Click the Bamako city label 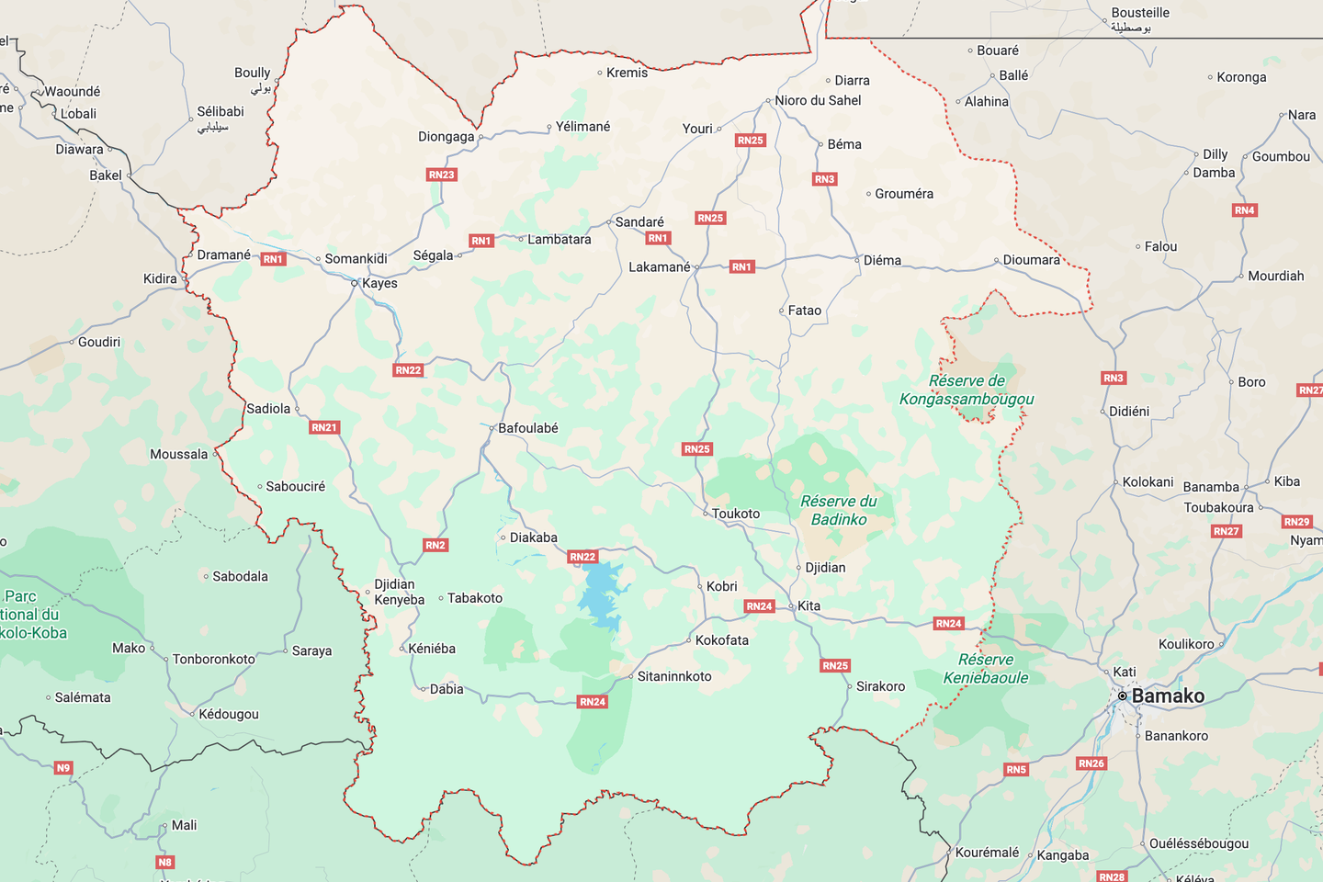[1168, 696]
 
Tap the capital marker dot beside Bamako [1123, 696]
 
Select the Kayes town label [379, 283]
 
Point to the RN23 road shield [442, 175]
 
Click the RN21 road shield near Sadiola [324, 427]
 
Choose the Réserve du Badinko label [839, 510]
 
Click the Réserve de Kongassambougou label [967, 390]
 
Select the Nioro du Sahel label [818, 100]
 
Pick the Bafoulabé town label [528, 428]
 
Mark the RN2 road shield [435, 545]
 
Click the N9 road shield [63, 768]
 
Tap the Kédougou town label [229, 714]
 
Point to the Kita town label [809, 605]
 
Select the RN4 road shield [1245, 210]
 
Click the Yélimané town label [582, 127]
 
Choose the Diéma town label [882, 260]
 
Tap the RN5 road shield [1016, 770]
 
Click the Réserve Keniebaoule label [986, 669]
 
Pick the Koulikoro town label [1186, 644]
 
